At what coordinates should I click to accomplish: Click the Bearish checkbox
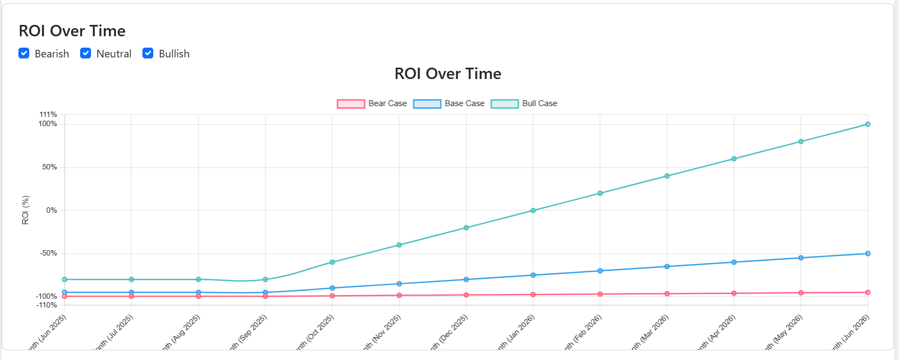point(24,53)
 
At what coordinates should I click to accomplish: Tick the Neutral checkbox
point(86,53)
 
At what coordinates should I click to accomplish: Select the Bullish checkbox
point(148,53)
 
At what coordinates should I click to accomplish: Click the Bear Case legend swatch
point(351,103)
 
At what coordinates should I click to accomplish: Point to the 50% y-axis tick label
point(50,167)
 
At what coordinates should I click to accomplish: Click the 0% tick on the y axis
point(51,210)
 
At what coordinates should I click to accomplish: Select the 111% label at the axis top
point(48,114)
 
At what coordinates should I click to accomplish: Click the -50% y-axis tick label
point(48,253)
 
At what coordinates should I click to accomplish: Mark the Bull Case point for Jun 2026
point(868,125)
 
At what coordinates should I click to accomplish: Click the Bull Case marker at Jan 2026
point(533,211)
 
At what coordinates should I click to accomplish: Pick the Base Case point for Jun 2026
point(868,253)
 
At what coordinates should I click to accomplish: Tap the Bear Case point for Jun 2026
point(868,292)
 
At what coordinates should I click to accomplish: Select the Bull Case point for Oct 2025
point(333,262)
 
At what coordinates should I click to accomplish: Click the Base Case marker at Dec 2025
point(466,279)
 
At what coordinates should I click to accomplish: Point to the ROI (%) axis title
point(25,210)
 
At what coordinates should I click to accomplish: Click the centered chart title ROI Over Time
point(447,74)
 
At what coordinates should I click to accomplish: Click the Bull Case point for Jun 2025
point(65,279)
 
